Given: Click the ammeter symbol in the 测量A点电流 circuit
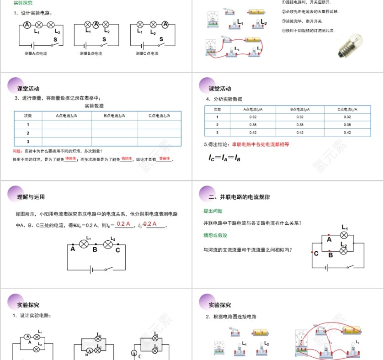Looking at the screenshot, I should pyautogui.click(x=27, y=25).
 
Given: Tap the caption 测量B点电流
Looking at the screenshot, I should pyautogui.click(x=91, y=53).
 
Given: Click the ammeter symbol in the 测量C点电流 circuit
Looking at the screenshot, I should pyautogui.click(x=165, y=25).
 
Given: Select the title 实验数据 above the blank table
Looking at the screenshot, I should pyautogui.click(x=95, y=106).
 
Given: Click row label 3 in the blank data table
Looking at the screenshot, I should pyautogui.click(x=28, y=141).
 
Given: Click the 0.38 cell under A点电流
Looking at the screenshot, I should pyautogui.click(x=253, y=125).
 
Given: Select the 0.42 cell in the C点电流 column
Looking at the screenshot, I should pyautogui.click(x=347, y=132).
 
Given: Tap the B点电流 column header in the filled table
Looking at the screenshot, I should pyautogui.click(x=300, y=109).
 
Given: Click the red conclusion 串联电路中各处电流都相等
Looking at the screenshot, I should pyautogui.click(x=261, y=144).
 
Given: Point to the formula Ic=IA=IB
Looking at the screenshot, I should pyautogui.click(x=224, y=158).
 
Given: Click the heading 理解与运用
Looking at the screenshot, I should pyautogui.click(x=31, y=197).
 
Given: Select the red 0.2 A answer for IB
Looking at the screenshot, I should pyautogui.click(x=123, y=224).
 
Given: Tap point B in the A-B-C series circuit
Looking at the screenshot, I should pyautogui.click(x=95, y=249).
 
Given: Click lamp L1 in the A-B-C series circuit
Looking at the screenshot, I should pyautogui.click(x=84, y=244).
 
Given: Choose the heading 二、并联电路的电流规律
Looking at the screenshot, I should pyautogui.click(x=239, y=197).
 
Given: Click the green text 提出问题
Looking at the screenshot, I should pyautogui.click(x=213, y=211).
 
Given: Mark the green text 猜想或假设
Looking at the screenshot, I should pyautogui.click(x=215, y=235).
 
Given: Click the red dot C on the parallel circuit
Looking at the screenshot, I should pyautogui.click(x=312, y=252).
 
